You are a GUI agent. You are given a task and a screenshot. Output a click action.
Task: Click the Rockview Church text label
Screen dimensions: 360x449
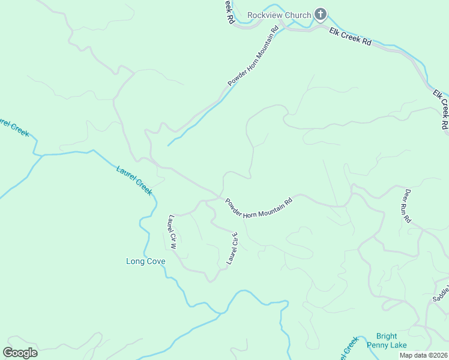279,15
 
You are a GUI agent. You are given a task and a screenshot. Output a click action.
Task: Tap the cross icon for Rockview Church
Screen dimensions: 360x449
321,14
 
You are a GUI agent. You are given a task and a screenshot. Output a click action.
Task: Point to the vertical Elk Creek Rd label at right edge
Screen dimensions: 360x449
441,110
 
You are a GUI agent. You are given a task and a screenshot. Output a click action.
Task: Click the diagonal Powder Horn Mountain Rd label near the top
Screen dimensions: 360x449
253,56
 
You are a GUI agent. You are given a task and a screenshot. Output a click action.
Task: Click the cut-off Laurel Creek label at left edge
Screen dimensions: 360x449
13,122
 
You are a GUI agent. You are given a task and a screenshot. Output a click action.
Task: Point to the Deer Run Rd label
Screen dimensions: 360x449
407,206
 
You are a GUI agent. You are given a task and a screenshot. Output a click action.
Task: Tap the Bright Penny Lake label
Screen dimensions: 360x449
391,340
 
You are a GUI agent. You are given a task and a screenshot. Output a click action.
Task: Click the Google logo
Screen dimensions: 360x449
20,352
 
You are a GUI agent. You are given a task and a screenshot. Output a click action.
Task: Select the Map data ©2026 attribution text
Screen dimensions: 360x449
423,355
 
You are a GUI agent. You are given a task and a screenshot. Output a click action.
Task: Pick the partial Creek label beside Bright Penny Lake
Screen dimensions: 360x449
347,348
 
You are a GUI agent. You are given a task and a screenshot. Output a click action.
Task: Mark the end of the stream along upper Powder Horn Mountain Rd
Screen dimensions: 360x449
168,145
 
